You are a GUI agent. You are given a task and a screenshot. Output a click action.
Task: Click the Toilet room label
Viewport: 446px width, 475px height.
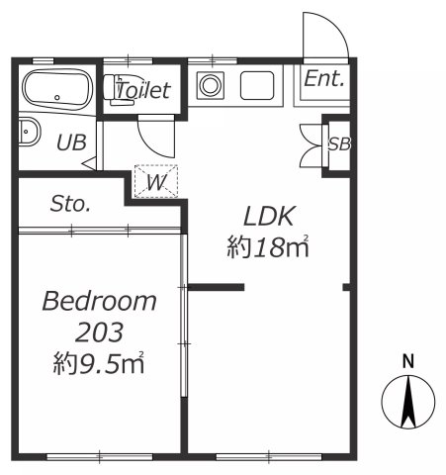coord(143,90)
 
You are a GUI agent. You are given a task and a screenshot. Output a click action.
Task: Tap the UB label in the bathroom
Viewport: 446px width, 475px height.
coord(71,142)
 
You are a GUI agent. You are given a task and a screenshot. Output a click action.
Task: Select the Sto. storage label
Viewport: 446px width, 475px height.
coord(70,204)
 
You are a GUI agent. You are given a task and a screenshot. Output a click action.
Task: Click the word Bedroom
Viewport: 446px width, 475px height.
coord(100,301)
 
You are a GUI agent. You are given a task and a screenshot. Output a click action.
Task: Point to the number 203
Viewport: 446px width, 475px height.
coord(99,332)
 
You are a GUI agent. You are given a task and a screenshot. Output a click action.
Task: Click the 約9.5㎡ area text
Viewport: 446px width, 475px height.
coord(99,362)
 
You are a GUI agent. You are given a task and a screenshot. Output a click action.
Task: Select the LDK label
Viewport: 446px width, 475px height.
coord(268,216)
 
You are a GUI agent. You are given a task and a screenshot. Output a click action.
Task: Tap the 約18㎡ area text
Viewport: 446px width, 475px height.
coord(268,246)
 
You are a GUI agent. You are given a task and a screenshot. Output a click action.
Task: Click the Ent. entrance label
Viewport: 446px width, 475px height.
coord(324,79)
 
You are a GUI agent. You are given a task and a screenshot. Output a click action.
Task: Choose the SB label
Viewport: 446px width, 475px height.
coord(339,143)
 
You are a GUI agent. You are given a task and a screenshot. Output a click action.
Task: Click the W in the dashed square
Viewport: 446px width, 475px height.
coord(156,182)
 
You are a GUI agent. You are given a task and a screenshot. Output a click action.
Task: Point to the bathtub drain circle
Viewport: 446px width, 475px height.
coord(57,97)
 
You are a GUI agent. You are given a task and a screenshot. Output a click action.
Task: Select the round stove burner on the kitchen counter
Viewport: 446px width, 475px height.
coord(210,85)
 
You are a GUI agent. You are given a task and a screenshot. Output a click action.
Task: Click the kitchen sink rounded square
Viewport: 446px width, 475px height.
coord(257,85)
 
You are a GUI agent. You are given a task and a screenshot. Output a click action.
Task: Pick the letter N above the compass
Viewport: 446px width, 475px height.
coord(408,361)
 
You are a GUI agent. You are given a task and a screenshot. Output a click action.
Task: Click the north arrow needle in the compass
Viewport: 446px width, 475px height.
coord(408,402)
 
